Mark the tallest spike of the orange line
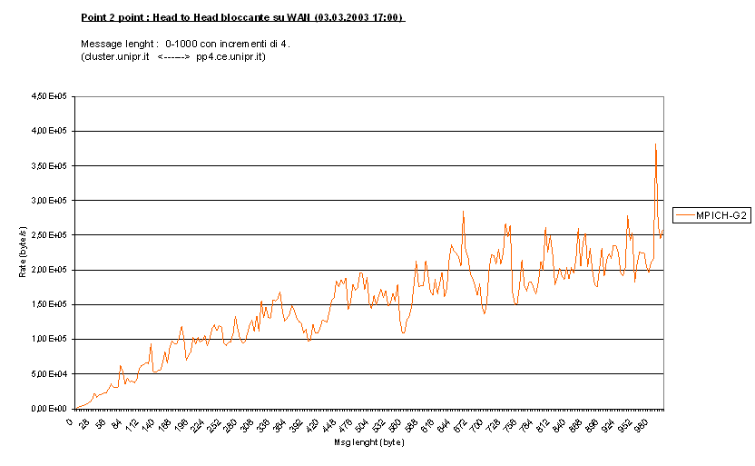(655, 144)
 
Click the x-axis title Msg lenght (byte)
(368, 443)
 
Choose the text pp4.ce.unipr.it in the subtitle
(230, 56)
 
